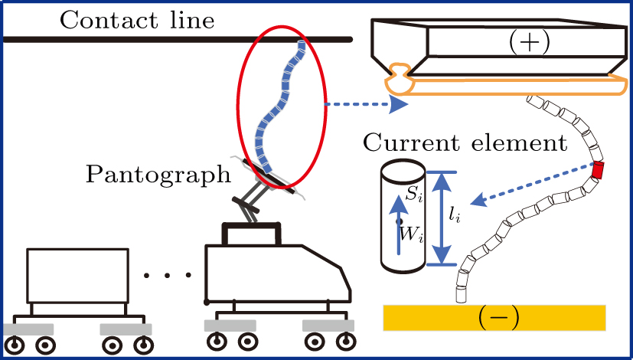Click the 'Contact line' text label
tap(135, 18)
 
